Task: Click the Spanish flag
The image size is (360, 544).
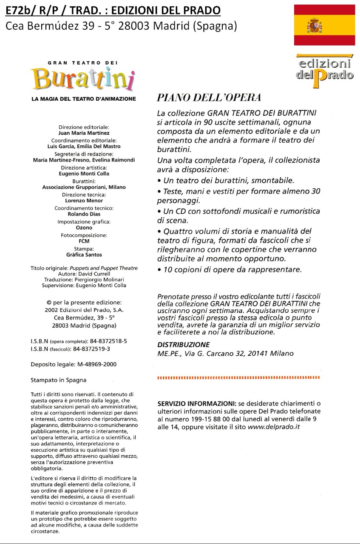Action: [x=324, y=25]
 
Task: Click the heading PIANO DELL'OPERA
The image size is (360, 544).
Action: [x=209, y=98]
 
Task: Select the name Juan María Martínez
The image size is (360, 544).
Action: [x=84, y=133]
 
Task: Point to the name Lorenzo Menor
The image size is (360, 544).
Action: [x=84, y=200]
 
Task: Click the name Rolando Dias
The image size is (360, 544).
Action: [x=84, y=214]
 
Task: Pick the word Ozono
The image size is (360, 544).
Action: [x=84, y=228]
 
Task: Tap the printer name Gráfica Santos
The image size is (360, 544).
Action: [x=84, y=255]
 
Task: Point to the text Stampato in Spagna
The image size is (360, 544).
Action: [x=59, y=380]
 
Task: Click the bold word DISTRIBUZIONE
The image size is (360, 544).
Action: [x=183, y=345]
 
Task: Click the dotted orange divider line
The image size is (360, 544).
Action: [x=238, y=377]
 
